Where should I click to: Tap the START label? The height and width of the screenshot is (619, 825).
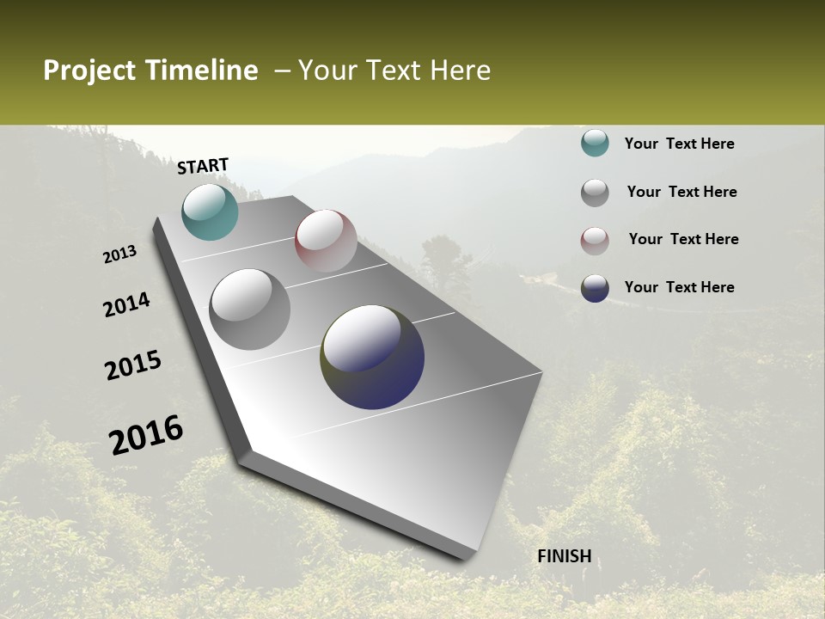pos(203,166)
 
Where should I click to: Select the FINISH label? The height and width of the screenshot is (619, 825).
pos(565,556)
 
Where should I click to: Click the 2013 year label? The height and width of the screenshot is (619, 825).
pos(120,254)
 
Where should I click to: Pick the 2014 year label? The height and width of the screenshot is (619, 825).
pos(127,305)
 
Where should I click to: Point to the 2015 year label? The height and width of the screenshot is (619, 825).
pos(133,365)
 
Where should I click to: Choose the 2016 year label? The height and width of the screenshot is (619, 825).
pos(146,435)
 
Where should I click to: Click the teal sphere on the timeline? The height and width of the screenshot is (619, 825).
pos(210,211)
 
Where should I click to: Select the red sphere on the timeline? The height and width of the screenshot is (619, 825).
pos(326,241)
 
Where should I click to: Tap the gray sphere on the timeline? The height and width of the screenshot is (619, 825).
pos(250,309)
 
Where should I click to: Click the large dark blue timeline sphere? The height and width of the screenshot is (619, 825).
pos(372,357)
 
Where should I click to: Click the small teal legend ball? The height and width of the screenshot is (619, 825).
pos(595,143)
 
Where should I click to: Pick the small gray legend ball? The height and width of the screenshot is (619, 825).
pos(595,193)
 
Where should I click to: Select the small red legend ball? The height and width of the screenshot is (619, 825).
pos(595,241)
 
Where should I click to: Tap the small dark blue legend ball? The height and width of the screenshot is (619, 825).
pos(595,288)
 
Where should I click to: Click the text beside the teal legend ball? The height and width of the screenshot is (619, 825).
pos(679,144)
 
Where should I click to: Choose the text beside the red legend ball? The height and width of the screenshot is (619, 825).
pos(683,239)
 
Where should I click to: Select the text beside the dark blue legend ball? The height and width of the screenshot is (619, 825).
pos(679,287)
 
